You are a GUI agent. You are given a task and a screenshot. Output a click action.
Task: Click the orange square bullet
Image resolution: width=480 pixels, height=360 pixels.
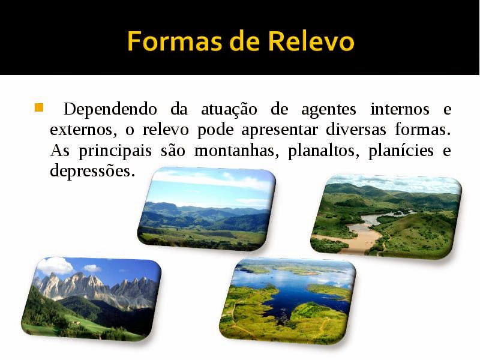pos(39,109)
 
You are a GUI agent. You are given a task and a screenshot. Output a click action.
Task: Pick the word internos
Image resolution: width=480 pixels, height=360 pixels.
pos(400,110)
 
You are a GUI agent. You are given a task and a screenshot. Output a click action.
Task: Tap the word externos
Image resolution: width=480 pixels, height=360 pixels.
pos(79,130)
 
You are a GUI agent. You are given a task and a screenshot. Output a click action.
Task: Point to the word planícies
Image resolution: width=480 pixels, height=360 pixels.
pos(400,151)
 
